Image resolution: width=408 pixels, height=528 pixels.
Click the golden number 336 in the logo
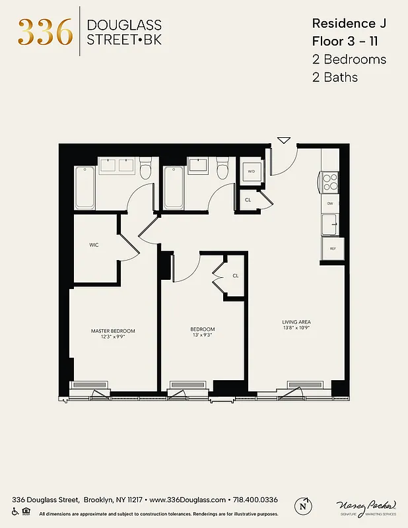click(45, 32)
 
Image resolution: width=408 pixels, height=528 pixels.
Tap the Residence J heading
click(349, 23)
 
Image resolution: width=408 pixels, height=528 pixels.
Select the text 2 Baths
click(335, 77)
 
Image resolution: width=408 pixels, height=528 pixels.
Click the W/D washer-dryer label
click(251, 172)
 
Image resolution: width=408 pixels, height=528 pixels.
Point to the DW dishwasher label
click(330, 203)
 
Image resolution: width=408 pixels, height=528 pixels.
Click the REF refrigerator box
click(332, 249)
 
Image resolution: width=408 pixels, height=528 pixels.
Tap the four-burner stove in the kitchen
click(329, 181)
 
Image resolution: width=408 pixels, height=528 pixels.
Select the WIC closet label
click(94, 245)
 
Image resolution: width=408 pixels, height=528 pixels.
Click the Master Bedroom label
click(113, 331)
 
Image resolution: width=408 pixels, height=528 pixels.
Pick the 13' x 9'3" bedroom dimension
click(203, 335)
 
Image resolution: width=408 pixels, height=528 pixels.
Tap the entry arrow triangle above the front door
click(284, 140)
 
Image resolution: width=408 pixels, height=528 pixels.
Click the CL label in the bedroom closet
click(235, 276)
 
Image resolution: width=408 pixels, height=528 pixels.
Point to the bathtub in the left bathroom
click(85, 187)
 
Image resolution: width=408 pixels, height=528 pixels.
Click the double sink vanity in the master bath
click(117, 166)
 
